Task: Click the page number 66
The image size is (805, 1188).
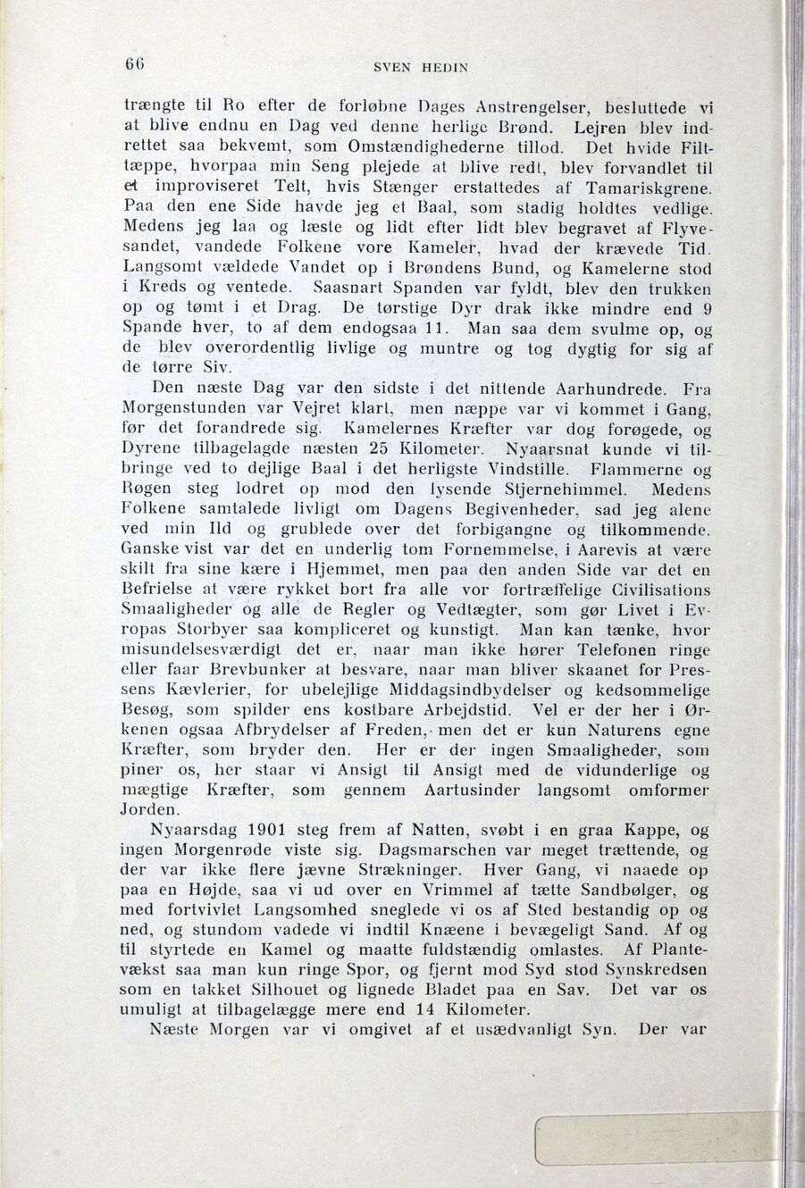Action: (133, 64)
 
